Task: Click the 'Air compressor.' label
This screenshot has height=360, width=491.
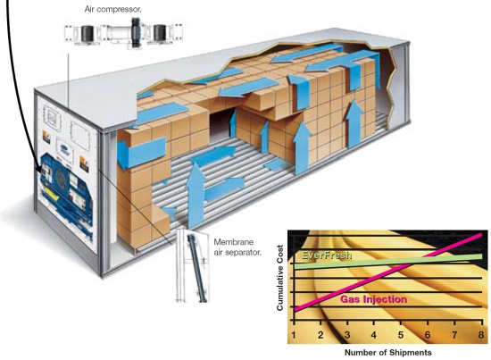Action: (112, 10)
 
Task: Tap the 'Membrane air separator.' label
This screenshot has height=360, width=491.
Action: (237, 247)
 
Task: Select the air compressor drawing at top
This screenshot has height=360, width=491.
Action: (124, 33)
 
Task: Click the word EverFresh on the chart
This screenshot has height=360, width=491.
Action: (326, 255)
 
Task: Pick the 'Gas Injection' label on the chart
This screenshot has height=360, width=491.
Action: (373, 299)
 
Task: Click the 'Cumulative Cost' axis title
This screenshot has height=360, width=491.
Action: (279, 278)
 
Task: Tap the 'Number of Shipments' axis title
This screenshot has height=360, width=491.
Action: (388, 353)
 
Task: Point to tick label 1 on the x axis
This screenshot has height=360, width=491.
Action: (294, 335)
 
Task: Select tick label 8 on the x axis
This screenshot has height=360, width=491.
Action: (481, 335)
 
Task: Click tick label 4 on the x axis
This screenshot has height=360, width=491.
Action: (373, 335)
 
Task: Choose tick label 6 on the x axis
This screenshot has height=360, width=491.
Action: (428, 335)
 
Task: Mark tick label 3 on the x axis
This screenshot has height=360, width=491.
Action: (347, 335)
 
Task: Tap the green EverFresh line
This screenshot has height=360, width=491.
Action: (388, 262)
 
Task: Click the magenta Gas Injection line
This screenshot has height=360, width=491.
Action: (388, 272)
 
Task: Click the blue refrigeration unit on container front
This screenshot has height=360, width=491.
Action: (66, 190)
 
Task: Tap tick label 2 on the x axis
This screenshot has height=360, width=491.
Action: (320, 335)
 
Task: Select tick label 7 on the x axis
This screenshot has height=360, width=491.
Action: (454, 335)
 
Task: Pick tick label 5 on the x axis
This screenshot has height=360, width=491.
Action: (401, 335)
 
